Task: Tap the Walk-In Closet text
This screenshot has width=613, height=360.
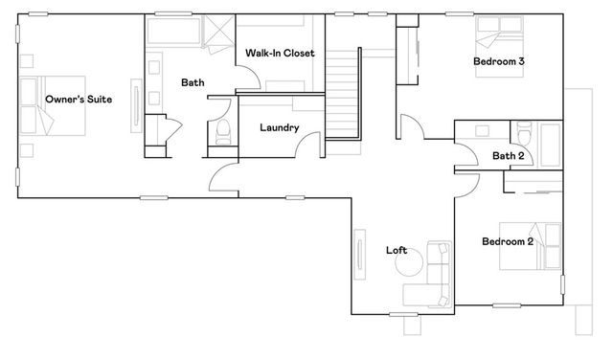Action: [280, 53]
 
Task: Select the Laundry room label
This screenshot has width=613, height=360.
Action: [280, 127]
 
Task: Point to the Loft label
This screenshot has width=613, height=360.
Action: [397, 251]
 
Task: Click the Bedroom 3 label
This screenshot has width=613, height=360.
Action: [498, 61]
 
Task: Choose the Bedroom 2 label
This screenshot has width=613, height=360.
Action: [507, 241]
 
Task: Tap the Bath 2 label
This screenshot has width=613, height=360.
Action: [508, 156]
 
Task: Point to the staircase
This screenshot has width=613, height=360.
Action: [342, 96]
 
